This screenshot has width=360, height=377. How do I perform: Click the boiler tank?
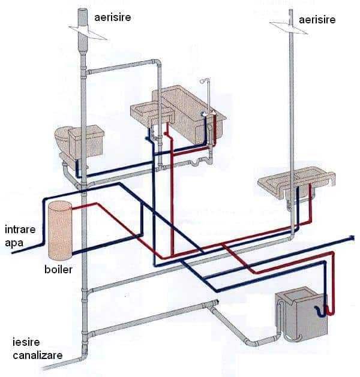click(60, 231)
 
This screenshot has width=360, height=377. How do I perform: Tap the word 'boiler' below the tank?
click(58, 270)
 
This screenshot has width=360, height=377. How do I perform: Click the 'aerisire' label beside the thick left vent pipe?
click(113, 17)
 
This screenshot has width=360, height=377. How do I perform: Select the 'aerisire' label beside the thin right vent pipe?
click(317, 19)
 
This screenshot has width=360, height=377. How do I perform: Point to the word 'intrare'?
click(20, 230)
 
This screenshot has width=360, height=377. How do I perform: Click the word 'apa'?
click(14, 243)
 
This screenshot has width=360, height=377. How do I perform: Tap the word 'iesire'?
click(26, 342)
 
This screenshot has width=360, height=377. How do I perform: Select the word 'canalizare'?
click(38, 355)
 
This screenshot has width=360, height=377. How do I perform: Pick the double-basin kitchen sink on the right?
click(296, 181)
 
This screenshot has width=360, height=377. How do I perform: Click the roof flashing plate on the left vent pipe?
click(88, 32)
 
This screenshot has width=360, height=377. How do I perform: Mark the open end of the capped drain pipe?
click(217, 301)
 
